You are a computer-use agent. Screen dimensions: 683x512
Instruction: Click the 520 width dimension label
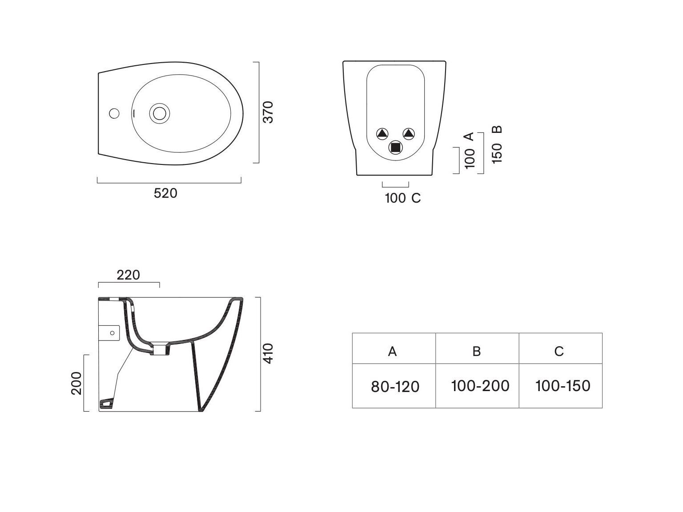(165, 193)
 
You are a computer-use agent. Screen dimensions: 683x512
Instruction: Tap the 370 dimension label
(268, 112)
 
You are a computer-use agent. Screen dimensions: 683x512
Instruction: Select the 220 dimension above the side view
(128, 275)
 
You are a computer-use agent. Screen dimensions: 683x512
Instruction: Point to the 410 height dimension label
(268, 353)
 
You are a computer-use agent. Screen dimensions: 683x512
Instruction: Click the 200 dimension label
(76, 383)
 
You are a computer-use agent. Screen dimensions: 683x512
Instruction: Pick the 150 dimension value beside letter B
(497, 154)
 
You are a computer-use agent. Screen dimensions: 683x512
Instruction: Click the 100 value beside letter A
(470, 159)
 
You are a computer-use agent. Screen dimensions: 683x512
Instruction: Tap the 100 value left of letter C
(395, 198)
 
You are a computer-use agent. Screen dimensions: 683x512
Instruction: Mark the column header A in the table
(392, 351)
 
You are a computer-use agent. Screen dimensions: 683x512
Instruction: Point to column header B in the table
(476, 351)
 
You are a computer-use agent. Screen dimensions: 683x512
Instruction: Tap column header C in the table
(559, 351)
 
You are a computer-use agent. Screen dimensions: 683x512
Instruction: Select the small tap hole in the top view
(114, 113)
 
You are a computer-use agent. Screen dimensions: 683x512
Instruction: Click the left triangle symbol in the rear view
(382, 134)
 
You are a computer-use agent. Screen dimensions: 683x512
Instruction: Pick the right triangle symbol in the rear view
(409, 134)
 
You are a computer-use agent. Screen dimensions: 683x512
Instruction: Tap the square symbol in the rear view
(395, 147)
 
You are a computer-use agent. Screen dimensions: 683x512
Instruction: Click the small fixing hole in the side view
(112, 333)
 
